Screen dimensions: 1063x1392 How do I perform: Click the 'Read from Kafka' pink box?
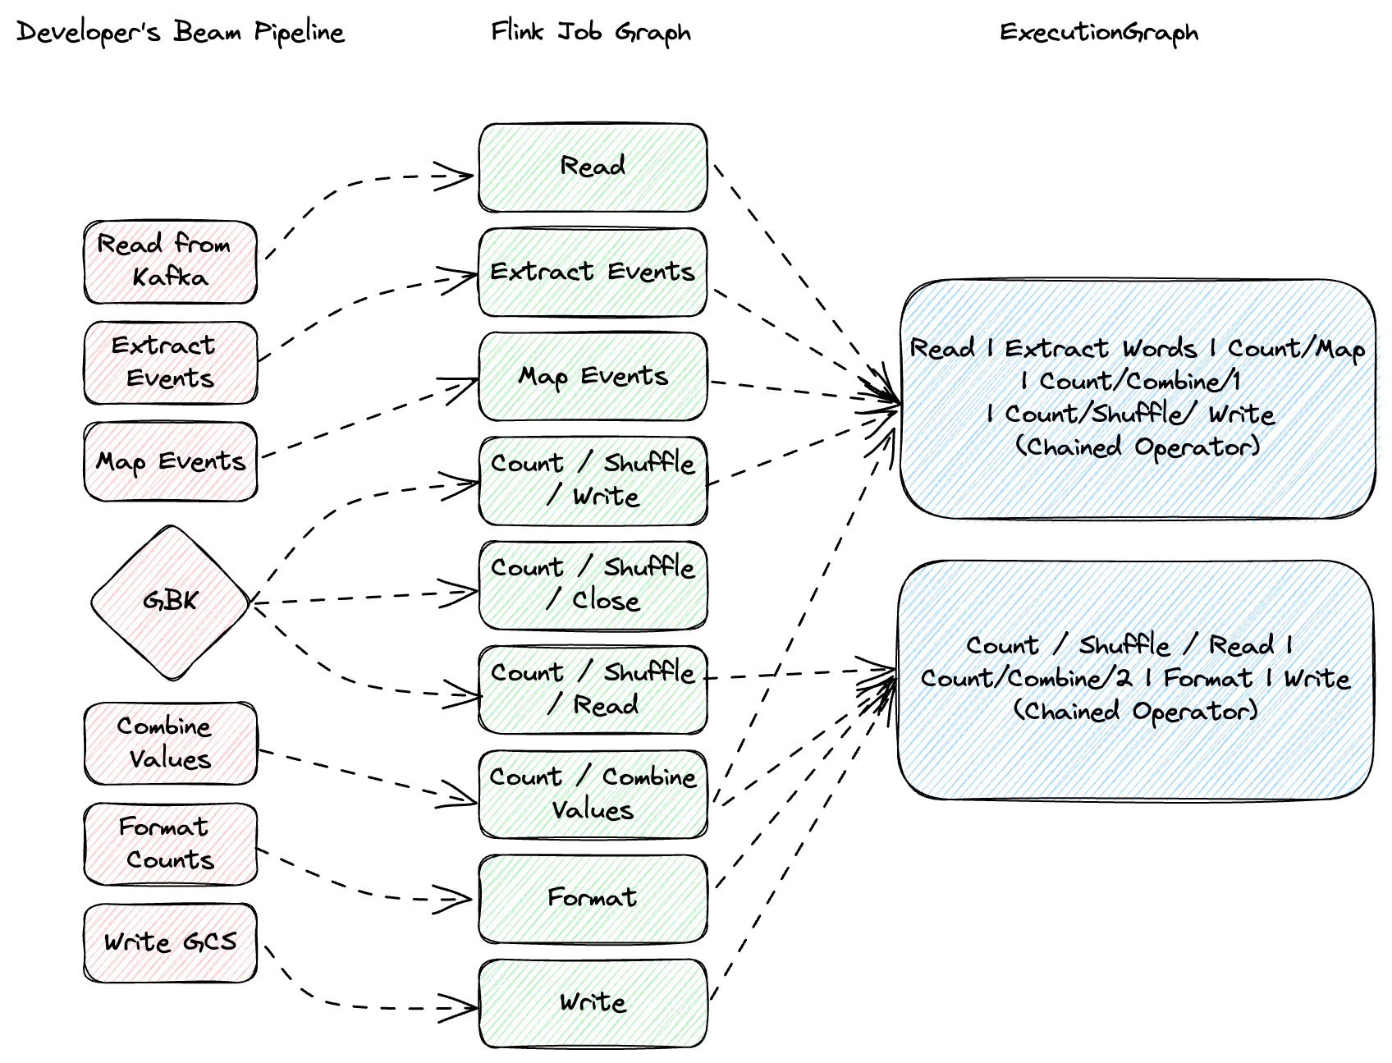pyautogui.click(x=170, y=261)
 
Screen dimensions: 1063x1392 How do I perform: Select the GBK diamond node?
pyautogui.click(x=170, y=602)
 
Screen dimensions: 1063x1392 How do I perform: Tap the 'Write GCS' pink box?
pyautogui.click(x=170, y=942)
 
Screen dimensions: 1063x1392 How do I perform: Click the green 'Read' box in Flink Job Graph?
pyautogui.click(x=593, y=167)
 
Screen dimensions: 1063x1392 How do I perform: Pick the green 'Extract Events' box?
pyautogui.click(x=593, y=272)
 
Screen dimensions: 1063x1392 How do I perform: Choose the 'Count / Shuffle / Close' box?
pyautogui.click(x=593, y=584)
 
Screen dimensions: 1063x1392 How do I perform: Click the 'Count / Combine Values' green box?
pyautogui.click(x=593, y=794)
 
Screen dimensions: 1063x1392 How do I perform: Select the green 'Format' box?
pyautogui.click(x=593, y=898)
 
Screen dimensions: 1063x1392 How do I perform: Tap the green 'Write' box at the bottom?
pyautogui.click(x=593, y=1002)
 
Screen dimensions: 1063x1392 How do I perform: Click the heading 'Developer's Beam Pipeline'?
pyautogui.click(x=181, y=33)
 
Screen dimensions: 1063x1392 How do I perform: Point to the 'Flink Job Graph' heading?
pyautogui.click(x=590, y=33)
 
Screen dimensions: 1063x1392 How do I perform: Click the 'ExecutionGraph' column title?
pyautogui.click(x=1098, y=33)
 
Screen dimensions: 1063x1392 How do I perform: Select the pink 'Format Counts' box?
pyautogui.click(x=170, y=844)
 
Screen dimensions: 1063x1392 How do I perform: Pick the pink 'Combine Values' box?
pyautogui.click(x=170, y=743)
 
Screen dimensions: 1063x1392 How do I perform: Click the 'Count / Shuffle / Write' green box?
pyautogui.click(x=593, y=480)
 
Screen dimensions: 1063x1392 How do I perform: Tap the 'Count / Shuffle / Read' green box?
pyautogui.click(x=593, y=689)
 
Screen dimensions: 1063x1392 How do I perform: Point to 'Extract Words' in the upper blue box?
pyautogui.click(x=1100, y=349)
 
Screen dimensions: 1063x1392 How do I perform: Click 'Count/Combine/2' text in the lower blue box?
pyautogui.click(x=1026, y=679)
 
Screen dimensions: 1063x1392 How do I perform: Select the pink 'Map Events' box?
pyautogui.click(x=170, y=461)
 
